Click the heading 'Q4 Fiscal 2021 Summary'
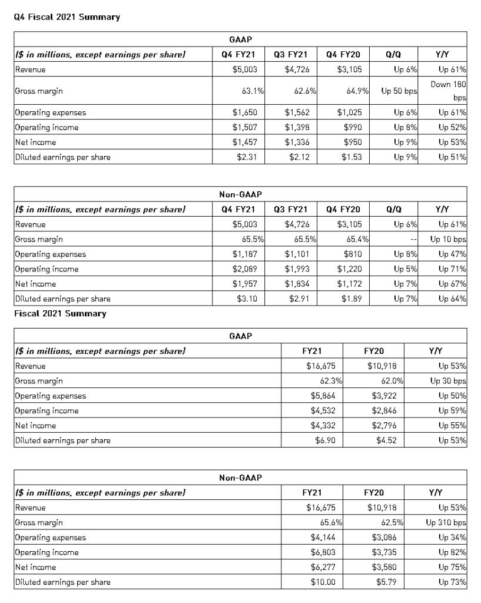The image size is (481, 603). [67, 17]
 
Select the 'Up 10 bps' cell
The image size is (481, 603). [448, 240]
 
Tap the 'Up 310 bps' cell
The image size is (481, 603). [446, 522]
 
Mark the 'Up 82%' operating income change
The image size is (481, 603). [453, 552]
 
